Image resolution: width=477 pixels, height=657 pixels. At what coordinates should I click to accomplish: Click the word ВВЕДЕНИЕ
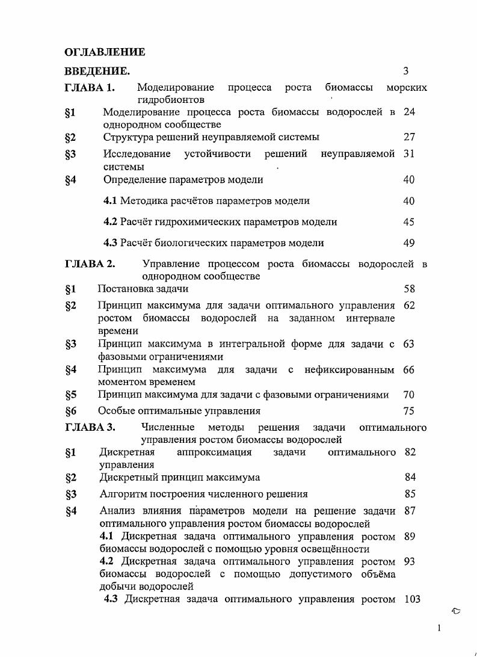point(97,72)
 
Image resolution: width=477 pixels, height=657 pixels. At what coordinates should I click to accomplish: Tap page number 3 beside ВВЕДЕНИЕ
point(406,71)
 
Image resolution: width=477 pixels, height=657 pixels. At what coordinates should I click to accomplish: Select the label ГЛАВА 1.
point(89,88)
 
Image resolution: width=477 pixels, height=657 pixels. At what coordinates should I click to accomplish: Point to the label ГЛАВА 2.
point(90,264)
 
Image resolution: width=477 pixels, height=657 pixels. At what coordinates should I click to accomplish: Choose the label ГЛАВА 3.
point(90,428)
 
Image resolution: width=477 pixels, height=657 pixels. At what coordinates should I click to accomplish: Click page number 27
point(409,137)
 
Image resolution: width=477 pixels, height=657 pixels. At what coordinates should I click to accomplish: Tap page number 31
point(409,154)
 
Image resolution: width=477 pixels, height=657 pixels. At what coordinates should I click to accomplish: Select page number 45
point(409,222)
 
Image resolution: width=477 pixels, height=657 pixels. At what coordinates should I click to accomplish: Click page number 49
point(409,243)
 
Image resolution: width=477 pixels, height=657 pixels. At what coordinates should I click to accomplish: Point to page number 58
point(409,289)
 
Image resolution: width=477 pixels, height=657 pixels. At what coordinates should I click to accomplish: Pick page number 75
point(409,412)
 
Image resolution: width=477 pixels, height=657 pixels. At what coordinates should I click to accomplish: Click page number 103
point(411,599)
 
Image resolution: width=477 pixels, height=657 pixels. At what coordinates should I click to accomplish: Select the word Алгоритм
point(123,495)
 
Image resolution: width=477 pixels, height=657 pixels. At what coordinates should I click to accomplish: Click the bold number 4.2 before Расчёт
point(110,222)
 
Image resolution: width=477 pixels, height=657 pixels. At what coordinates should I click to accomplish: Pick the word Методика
point(144,201)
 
